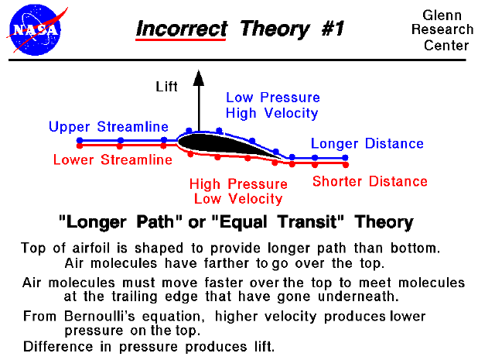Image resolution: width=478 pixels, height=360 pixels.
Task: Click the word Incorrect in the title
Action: pos(182,29)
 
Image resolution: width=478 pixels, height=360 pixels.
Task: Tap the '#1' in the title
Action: pos(327,29)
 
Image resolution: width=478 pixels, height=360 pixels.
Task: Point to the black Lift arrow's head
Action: pos(198,76)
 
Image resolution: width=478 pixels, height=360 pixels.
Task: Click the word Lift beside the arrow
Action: pos(167,87)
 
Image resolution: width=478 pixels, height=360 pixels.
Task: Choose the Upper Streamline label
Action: pos(108,126)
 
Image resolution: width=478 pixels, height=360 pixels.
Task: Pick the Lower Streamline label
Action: pos(112,160)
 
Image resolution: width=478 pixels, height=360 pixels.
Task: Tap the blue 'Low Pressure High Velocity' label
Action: pos(272,105)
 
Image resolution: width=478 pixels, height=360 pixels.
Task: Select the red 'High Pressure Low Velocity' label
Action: pos(238,191)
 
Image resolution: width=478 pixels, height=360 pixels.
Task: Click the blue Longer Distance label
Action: pos(367,143)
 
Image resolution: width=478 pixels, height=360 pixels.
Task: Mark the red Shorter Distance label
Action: pos(369,181)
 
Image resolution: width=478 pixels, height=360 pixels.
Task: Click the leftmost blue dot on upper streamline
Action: pos(80,140)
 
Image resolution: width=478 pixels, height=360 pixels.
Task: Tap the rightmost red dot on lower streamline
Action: pos(346,164)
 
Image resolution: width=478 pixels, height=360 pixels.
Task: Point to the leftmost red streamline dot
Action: pos(80,145)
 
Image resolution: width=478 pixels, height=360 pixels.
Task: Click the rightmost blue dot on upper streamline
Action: pos(346,157)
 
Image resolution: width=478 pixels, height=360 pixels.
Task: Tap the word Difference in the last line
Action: pos(56,345)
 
